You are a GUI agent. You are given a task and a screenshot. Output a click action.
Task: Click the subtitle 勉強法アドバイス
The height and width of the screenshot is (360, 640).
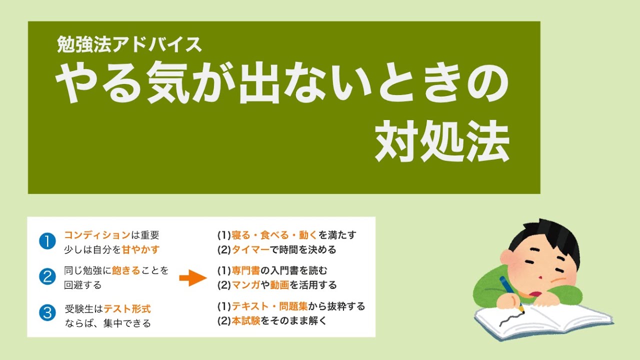tap(129, 45)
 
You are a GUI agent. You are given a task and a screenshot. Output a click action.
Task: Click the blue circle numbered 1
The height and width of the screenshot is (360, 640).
tap(47, 242)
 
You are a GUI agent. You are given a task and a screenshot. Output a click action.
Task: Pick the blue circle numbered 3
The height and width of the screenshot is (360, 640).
tap(47, 313)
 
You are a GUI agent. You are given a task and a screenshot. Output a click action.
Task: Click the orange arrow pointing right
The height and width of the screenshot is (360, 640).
tap(193, 278)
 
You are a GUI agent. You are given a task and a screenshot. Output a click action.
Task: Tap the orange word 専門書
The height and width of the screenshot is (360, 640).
tap(245, 270)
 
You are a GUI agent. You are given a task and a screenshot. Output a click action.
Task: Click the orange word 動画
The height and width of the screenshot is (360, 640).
tap(279, 285)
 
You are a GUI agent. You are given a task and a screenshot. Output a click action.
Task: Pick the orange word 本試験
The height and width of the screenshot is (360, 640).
tap(245, 321)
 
